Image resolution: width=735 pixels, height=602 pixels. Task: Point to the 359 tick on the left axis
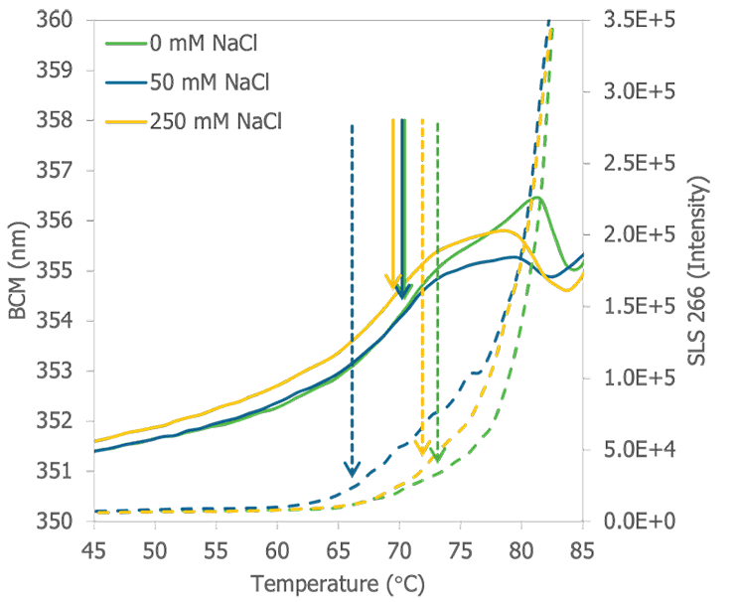click(x=59, y=71)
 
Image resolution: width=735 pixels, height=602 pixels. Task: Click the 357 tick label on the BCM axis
click(x=59, y=171)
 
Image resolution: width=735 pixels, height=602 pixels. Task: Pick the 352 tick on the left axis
click(x=59, y=420)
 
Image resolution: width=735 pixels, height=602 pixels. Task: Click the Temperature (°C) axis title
click(x=338, y=583)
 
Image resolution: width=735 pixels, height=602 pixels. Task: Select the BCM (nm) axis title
click(x=18, y=270)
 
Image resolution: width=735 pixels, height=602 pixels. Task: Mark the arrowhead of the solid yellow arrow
click(x=393, y=285)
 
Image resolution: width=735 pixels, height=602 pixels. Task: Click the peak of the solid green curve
click(x=537, y=196)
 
